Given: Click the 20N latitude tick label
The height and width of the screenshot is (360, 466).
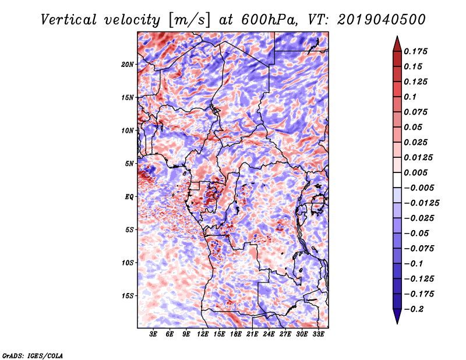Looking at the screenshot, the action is pos(128,65).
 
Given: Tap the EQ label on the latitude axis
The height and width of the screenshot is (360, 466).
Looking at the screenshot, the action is pos(129,197).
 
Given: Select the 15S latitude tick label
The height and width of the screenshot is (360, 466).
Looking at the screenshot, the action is pos(128,296).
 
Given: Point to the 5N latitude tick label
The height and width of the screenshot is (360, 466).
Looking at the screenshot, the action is pos(129,164).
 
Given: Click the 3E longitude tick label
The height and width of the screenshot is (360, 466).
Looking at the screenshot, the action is pos(153,334).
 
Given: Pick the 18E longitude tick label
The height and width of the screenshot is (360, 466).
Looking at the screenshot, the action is pos(236,334).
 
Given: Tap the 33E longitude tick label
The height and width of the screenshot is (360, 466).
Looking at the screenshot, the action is pos(318,334).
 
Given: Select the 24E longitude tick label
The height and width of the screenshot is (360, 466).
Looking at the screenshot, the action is pos(269,334).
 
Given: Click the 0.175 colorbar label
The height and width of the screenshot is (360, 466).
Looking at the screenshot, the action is pos(415,51).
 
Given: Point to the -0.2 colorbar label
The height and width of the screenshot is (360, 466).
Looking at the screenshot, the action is pos(414,309).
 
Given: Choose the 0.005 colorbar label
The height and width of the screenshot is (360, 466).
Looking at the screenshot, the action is pos(415,172).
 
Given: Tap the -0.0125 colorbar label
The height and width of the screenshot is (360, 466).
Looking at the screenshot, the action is pos(421,203).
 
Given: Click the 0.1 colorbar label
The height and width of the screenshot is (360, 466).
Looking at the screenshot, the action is pos(410,97).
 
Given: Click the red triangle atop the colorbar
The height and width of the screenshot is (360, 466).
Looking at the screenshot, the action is pos(397,44).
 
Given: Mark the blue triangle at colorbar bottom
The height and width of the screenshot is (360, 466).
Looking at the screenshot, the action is pos(397,316).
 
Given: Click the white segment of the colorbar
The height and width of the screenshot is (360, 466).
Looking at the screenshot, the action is pos(397,180).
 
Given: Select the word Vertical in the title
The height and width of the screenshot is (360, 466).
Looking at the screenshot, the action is pos(69,20).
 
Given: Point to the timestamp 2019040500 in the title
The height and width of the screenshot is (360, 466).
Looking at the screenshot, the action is pos(382,20).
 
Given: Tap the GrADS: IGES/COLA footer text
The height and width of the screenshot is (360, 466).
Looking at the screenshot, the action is pos(33,355).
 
